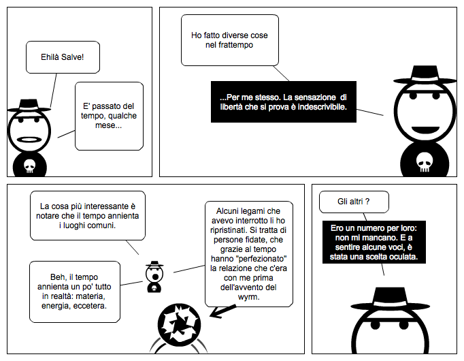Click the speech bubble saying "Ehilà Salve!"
pos(63,57)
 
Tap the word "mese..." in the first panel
pos(108,125)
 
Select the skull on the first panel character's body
pos(29,166)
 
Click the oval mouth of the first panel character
pos(29,140)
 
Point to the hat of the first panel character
pos(29,105)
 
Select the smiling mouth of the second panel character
pos(425,130)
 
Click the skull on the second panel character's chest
pos(425,162)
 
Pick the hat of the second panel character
pos(425,75)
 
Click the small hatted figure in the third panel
pos(154,277)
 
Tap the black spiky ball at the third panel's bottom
pos(179,325)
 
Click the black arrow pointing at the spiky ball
pos(222,311)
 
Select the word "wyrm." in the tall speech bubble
pos(248,297)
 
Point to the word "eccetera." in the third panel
pos(90,306)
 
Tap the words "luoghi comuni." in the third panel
pos(87,225)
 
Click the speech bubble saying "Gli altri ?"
pos(354,202)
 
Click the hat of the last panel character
pos(390,299)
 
